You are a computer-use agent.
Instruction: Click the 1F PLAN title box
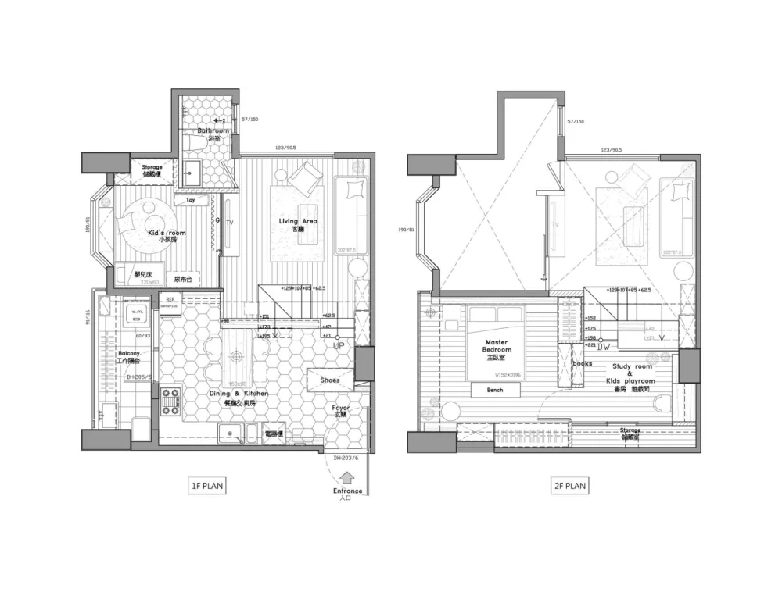207,486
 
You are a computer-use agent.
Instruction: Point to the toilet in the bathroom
195,145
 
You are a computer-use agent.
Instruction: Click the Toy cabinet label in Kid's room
190,200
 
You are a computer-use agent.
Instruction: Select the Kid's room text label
166,233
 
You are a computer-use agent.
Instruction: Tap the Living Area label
298,222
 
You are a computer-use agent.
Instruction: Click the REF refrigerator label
170,300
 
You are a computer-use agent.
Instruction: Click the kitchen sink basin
232,435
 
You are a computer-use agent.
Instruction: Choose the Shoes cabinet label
330,380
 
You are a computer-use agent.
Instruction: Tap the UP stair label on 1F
339,344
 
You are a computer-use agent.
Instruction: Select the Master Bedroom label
497,346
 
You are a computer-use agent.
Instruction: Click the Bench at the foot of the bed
494,390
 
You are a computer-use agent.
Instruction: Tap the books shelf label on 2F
582,364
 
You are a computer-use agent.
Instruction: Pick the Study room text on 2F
633,366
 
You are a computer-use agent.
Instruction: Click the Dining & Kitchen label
241,394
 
